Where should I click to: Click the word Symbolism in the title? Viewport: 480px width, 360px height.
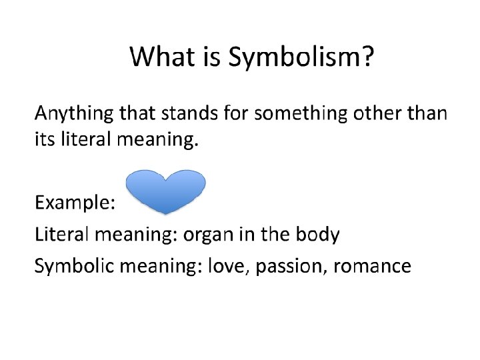coord(296,58)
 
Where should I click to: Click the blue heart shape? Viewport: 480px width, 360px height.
coord(166,191)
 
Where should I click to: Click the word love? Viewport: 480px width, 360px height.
coord(225,267)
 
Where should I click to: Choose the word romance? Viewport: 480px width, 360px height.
coord(372,267)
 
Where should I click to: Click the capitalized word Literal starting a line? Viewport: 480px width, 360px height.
coord(62,235)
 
